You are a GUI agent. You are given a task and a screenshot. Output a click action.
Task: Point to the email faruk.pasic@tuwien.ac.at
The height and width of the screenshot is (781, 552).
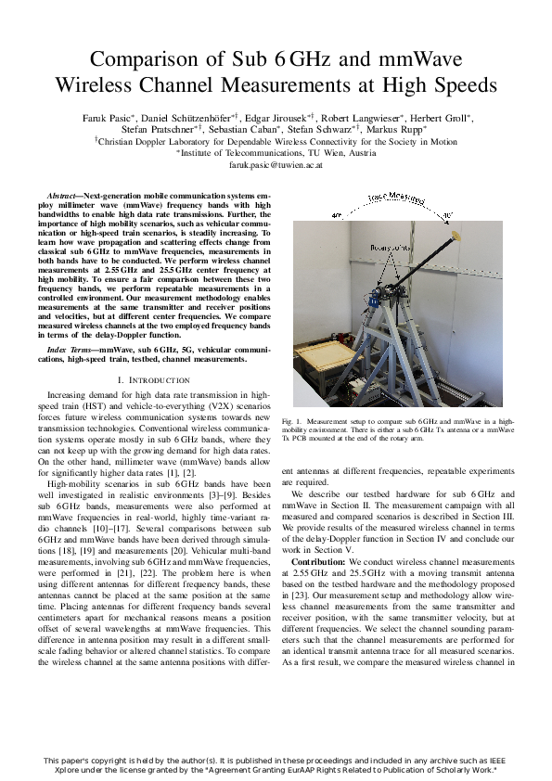[276, 163]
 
